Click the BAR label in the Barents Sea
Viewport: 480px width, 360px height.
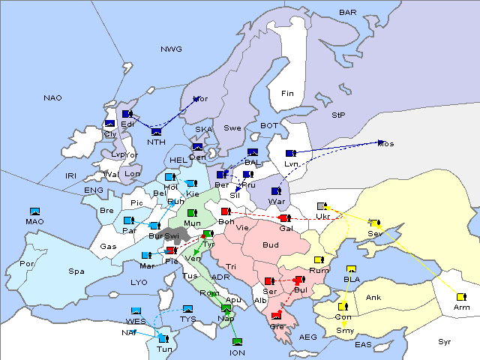coord(347,13)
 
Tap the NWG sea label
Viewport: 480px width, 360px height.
coord(171,49)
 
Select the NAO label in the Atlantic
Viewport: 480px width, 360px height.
coord(52,98)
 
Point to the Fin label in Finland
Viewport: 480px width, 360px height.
coord(287,94)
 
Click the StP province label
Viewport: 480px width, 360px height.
coord(338,115)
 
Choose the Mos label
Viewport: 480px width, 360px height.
coord(385,143)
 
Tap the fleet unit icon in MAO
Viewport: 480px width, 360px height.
coord(34,211)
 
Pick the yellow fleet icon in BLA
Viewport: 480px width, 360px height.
coord(351,269)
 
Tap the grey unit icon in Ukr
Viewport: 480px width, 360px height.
coord(322,206)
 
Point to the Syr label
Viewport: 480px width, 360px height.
coord(445,341)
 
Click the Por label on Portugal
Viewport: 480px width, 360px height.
coord(27,264)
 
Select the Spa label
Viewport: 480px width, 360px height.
coord(76,271)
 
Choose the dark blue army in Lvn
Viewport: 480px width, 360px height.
coord(291,153)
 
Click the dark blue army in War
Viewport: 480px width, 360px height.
coord(276,191)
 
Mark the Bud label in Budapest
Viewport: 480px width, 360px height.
coord(269,244)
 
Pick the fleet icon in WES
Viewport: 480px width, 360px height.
coord(136,310)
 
